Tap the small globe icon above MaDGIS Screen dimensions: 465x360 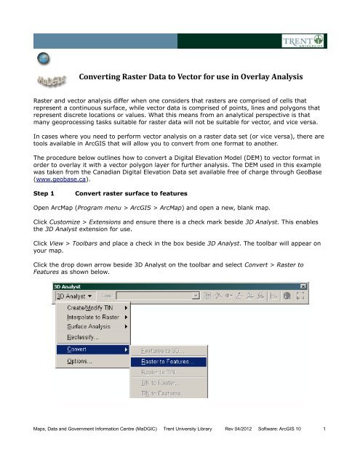coord(33,59)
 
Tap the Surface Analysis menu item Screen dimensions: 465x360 coord(86,325)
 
